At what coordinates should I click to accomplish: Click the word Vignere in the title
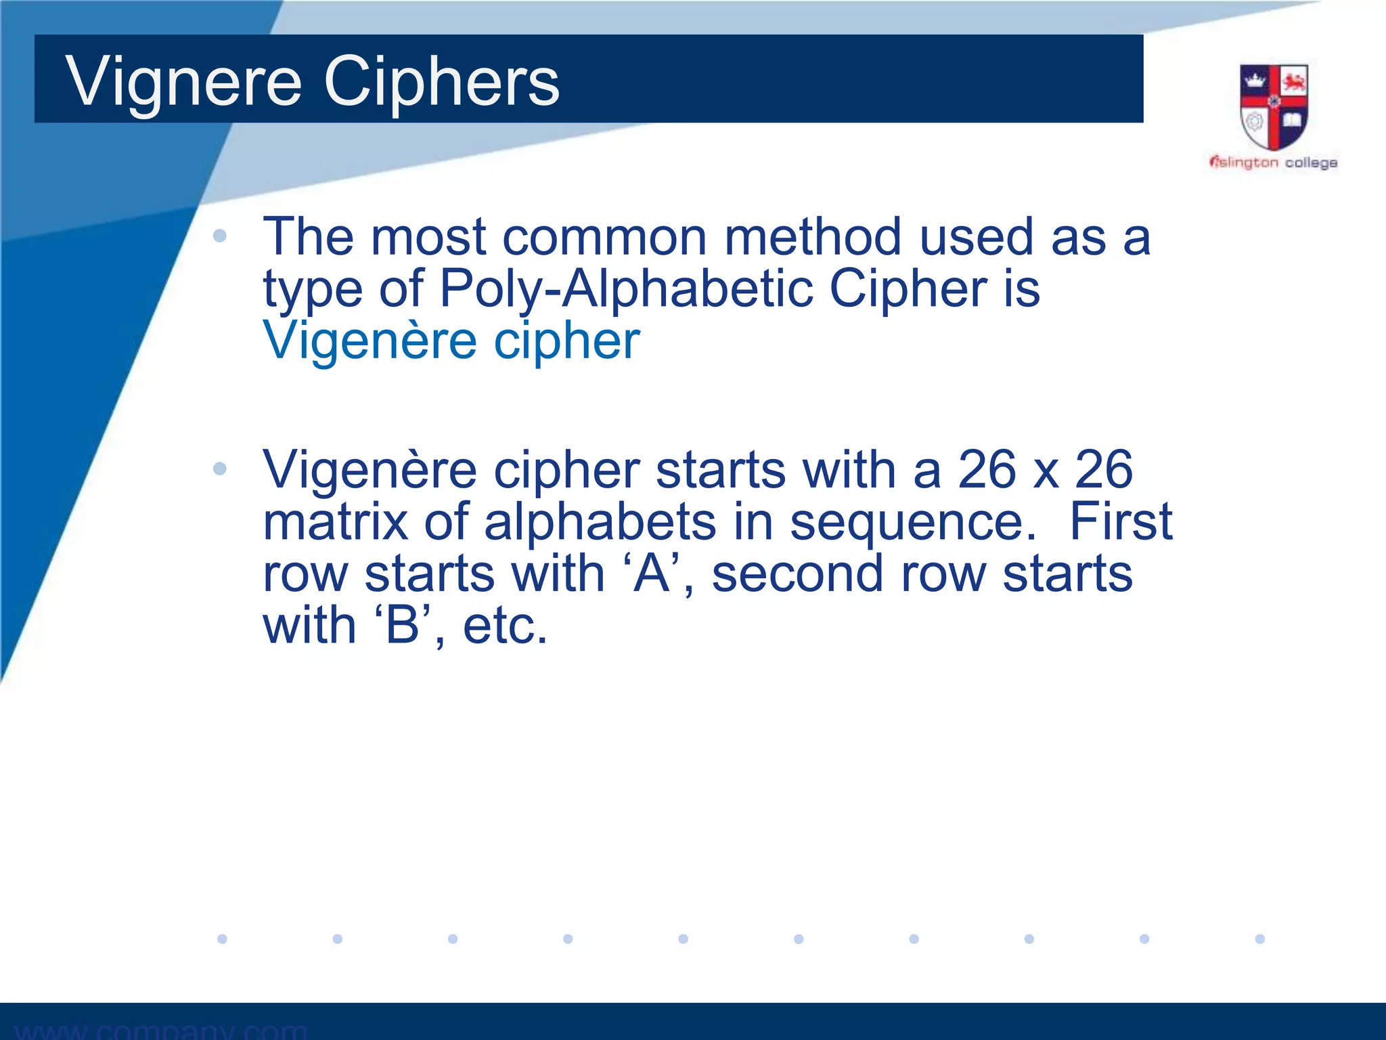183,83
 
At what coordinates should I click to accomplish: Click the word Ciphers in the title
441,83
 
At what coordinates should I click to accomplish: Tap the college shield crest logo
1273,107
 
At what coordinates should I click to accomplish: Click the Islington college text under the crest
1273,162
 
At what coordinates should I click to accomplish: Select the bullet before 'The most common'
219,236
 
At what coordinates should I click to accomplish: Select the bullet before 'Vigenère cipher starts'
219,469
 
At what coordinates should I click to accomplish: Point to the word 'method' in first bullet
813,237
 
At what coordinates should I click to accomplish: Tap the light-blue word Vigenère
370,341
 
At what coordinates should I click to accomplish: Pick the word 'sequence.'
913,523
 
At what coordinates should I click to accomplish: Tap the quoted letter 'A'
651,573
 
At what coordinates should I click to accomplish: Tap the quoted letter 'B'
403,626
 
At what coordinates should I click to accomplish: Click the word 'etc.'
505,626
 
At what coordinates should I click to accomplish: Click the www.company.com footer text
161,1030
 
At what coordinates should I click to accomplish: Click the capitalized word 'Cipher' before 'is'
908,288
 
